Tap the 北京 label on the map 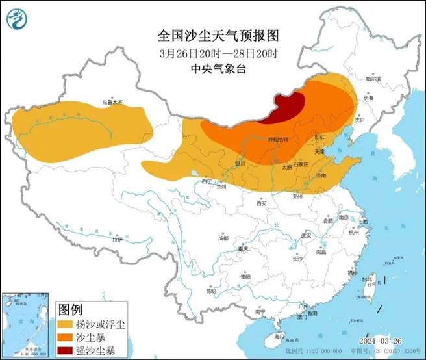tap(318, 137)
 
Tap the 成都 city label tap(224, 238)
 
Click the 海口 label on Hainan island tap(280, 337)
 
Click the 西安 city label tap(261, 203)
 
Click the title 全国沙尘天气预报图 tap(212, 35)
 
